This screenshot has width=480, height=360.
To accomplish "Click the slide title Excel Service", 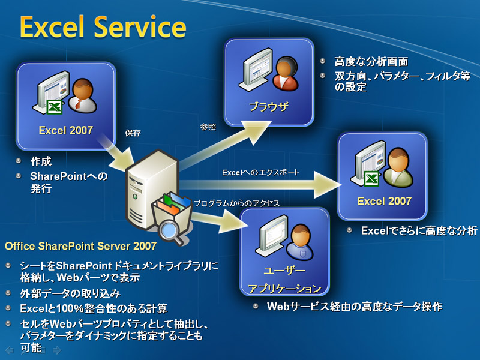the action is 103,27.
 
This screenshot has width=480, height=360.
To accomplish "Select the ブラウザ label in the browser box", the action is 268,107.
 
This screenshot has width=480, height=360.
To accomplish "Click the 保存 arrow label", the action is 133,133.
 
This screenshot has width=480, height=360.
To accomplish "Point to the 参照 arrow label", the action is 208,127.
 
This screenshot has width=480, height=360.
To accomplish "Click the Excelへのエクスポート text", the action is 260,173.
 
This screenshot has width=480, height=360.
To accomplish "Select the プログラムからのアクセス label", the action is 236,203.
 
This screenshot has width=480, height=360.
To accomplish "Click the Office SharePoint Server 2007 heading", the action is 81,246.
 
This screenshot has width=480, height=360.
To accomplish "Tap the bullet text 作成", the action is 41,161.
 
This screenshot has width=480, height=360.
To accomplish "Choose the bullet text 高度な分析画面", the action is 371,62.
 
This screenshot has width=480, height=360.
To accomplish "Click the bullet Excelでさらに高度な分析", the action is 419,230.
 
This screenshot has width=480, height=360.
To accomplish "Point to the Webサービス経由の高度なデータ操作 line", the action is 355,307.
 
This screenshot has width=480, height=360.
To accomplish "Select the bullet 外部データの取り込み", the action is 70,293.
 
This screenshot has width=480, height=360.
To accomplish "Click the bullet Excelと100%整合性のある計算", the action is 94,308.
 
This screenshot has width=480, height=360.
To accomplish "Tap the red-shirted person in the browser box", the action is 286,73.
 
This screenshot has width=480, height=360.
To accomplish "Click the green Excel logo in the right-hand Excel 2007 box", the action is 372,179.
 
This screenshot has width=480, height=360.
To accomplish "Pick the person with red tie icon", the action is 82,95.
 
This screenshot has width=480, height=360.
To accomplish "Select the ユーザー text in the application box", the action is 284,271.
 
